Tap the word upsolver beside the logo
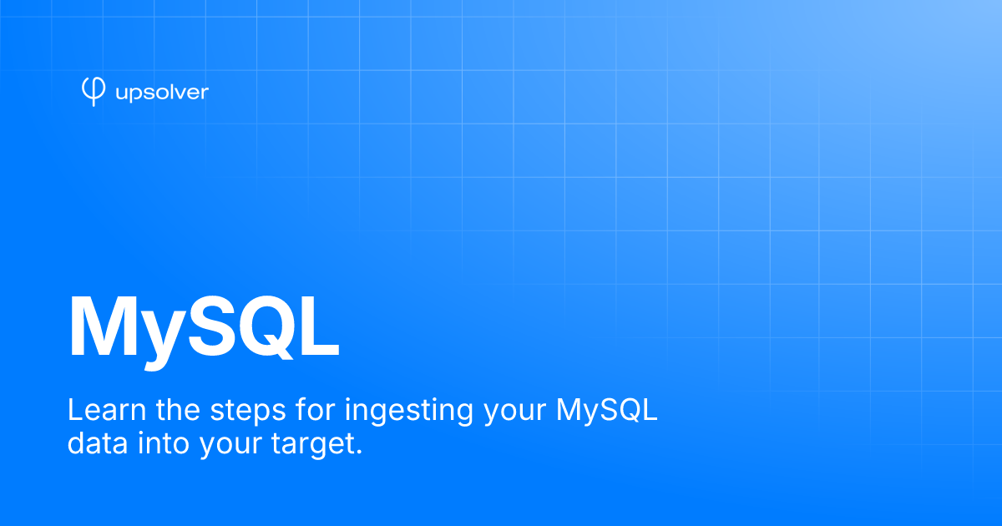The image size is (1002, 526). tap(161, 92)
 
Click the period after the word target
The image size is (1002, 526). tap(359, 453)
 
